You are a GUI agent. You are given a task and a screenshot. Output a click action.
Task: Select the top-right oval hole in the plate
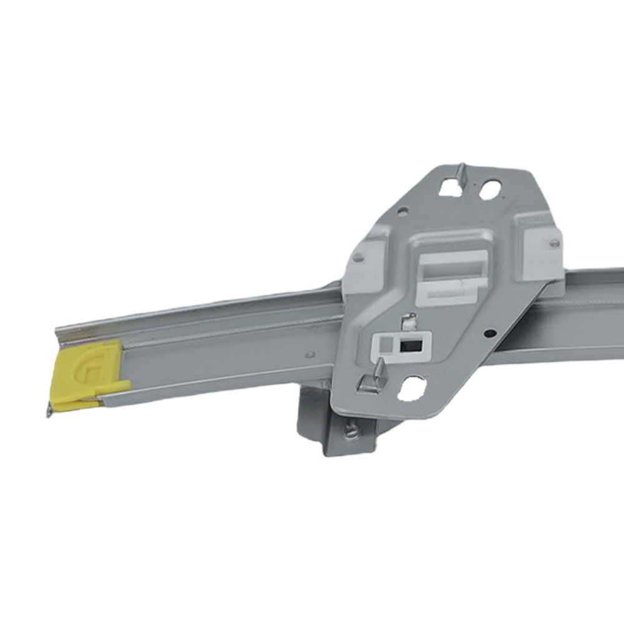pos(489,190)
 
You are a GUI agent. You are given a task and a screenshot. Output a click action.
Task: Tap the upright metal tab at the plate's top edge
pos(461,173)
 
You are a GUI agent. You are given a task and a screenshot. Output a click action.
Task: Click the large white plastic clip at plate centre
pos(452,268)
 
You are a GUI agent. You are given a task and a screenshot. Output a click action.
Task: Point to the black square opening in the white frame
pos(410,343)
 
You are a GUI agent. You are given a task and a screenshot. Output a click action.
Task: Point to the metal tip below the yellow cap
pos(49,412)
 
